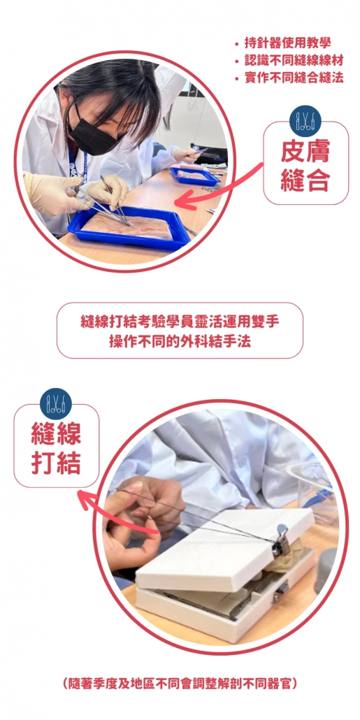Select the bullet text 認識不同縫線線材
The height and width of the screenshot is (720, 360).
click(x=294, y=61)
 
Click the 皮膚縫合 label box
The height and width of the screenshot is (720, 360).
click(x=305, y=163)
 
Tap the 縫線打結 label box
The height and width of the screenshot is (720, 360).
click(x=56, y=446)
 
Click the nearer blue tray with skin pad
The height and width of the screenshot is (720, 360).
click(x=129, y=228)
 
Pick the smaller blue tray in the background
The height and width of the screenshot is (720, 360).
click(x=194, y=176)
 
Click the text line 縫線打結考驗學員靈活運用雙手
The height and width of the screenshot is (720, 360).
click(x=180, y=322)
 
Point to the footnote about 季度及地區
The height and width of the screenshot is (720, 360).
click(x=180, y=684)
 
